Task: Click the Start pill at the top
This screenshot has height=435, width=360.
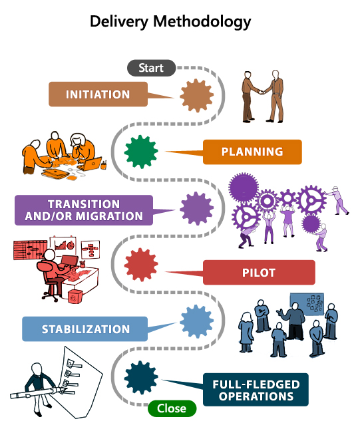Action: point(151,68)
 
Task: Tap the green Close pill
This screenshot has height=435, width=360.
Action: point(172,408)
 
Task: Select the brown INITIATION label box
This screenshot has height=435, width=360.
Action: point(98,94)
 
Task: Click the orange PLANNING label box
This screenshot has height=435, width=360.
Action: point(252,152)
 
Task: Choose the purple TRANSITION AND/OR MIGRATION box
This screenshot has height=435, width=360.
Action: point(84,210)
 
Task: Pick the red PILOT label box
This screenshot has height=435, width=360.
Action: point(259,273)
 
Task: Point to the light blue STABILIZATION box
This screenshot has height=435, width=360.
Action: point(85,329)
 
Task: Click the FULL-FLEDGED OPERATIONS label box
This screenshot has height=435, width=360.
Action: point(256,390)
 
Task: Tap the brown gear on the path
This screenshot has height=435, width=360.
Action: point(196,95)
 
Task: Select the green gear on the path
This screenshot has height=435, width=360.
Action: point(141,152)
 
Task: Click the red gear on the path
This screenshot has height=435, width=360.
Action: point(141,265)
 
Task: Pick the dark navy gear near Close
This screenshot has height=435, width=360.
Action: point(141,378)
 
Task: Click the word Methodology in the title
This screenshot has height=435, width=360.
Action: point(202,22)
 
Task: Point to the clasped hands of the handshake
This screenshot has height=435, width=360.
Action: point(262,92)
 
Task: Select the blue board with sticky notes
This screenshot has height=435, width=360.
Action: point(307,304)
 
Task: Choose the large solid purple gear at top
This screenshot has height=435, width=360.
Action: point(244,188)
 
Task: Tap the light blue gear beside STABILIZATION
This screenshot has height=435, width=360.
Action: point(196,321)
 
